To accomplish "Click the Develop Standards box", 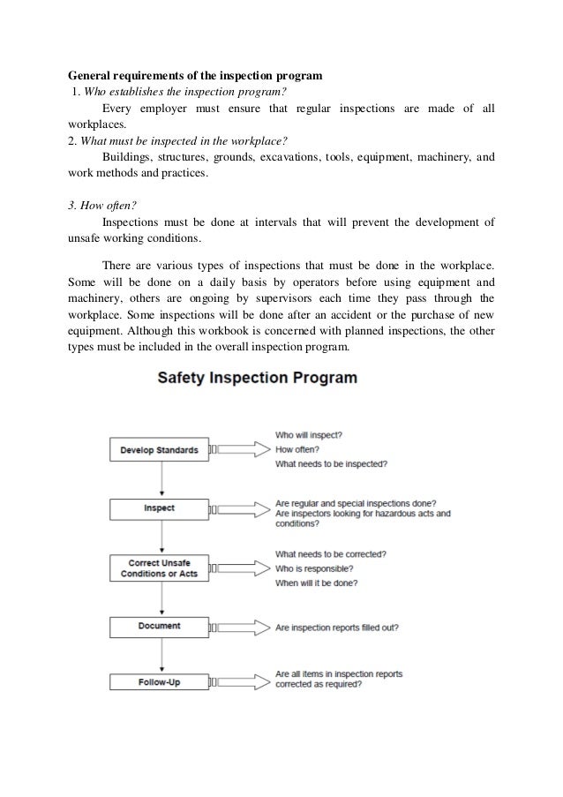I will [160, 450].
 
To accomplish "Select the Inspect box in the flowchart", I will [160, 509].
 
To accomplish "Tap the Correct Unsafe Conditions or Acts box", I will [160, 568].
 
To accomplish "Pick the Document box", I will [160, 627].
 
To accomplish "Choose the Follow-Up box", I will [160, 682].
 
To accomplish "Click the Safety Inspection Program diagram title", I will [257, 379].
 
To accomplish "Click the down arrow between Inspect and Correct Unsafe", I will [160, 538].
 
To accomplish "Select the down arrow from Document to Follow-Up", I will [160, 655].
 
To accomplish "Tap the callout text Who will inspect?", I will [310, 435].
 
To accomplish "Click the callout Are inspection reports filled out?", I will [336, 628].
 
